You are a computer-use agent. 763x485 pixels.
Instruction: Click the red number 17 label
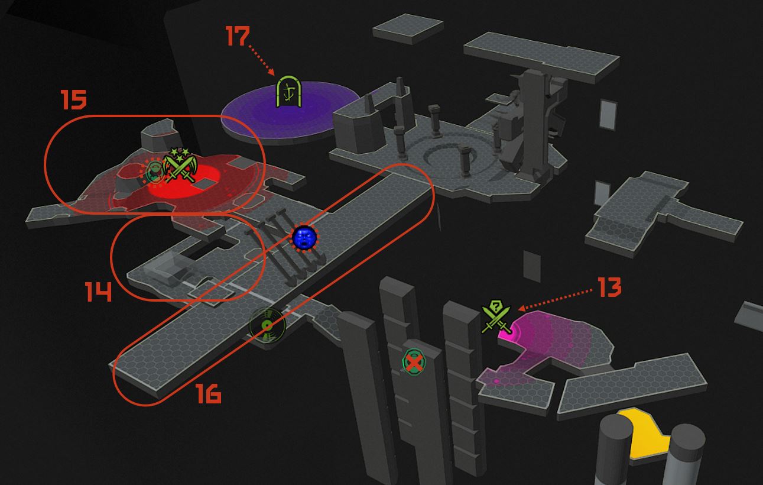(238, 36)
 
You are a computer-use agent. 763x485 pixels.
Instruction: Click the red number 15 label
(74, 99)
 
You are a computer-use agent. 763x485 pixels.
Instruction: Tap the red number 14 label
(98, 292)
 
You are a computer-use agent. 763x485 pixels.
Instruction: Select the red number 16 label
(209, 394)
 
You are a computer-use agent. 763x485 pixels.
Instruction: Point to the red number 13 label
(609, 287)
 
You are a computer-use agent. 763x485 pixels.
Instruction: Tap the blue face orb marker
(304, 237)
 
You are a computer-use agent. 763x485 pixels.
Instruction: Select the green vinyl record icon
(267, 326)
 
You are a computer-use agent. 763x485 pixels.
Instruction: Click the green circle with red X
(414, 362)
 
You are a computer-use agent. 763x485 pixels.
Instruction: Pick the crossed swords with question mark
(496, 317)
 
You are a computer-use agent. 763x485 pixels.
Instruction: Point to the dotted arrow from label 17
(262, 60)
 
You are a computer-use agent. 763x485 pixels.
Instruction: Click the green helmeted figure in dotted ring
(154, 172)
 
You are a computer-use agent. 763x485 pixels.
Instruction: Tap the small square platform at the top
(408, 28)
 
